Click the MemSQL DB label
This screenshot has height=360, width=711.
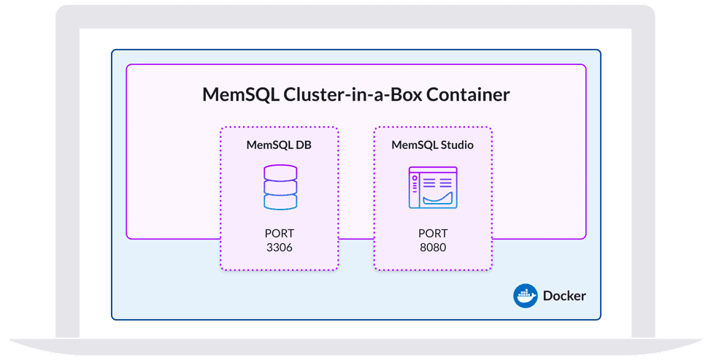coord(280,145)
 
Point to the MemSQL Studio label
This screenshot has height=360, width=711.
coord(432,145)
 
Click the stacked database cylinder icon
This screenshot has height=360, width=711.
coord(280,187)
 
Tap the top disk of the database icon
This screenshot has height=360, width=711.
coord(280,172)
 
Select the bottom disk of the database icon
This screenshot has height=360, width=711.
coord(280,202)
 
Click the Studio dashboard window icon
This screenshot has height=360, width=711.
coord(433,188)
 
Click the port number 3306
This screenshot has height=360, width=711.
coord(280,248)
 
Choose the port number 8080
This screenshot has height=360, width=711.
coord(433,248)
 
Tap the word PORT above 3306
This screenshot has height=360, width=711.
coord(280,234)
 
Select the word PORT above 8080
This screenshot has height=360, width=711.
coord(433,234)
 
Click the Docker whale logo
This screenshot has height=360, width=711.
coord(526,296)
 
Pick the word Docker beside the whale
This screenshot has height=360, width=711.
coord(564,296)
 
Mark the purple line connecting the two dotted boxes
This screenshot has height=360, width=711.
coord(356,239)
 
